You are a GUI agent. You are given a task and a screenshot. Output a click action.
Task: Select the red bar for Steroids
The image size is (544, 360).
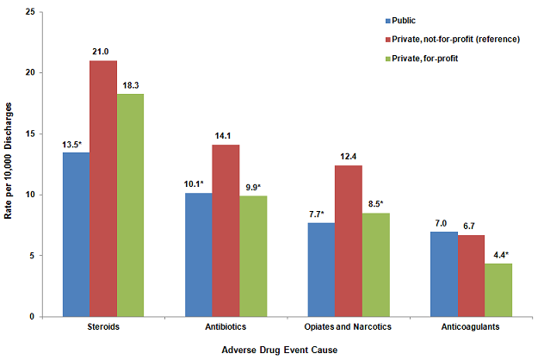(x=102, y=189)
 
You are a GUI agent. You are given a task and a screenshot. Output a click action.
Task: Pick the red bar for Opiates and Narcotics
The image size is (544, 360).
(x=349, y=241)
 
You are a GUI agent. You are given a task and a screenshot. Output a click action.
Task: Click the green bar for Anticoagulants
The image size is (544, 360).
(x=498, y=289)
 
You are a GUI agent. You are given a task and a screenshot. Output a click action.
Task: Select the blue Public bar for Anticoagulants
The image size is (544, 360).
(x=443, y=274)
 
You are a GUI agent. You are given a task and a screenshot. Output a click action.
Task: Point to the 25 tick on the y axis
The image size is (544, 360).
(x=30, y=12)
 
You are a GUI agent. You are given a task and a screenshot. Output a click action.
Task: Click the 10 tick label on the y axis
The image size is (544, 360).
(x=30, y=195)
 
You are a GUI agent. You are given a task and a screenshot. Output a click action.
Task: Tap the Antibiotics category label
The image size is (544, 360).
(x=226, y=328)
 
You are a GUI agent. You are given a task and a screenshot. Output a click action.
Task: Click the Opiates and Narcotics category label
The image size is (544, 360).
(x=349, y=328)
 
